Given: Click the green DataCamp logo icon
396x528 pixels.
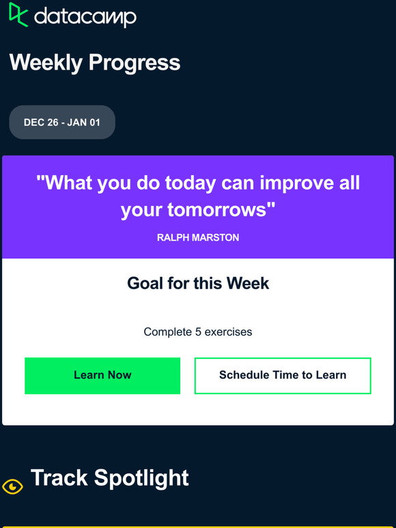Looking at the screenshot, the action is pos(18,14).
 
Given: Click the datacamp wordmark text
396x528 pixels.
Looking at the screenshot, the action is pos(85,17).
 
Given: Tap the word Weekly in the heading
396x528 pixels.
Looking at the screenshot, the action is pos(46,63).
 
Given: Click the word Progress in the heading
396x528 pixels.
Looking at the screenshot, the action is pos(135,63).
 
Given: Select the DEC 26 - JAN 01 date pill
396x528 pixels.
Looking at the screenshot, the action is pos(62,122).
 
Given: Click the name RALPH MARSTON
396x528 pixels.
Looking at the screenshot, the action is pos(198,237).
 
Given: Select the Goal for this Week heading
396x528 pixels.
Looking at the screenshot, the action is pos(198,283).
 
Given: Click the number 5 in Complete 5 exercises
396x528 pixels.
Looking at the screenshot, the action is pos(198,332).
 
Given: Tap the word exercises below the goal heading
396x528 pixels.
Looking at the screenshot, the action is pos(228,332).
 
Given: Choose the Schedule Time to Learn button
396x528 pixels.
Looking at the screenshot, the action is pos(283,375).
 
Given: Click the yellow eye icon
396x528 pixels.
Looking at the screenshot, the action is pos(12,486).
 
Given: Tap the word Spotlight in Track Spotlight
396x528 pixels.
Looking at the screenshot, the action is pos(141,478).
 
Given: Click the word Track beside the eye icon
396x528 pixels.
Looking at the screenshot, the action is pos(59,478).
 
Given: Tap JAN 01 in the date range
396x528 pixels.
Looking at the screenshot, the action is pos(83,122).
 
